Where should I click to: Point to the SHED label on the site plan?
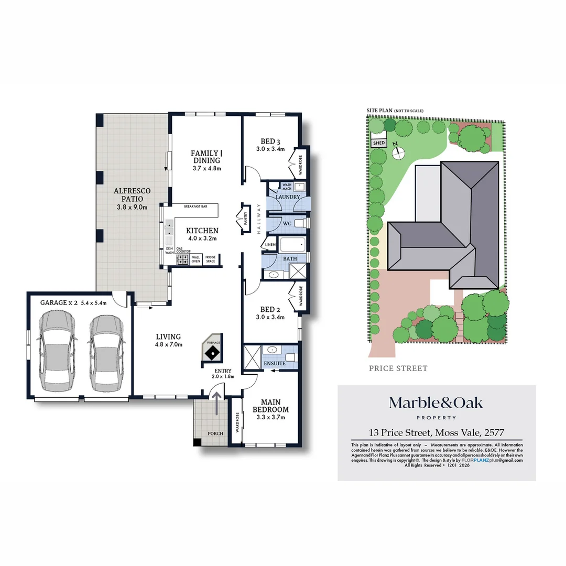click(x=378, y=143)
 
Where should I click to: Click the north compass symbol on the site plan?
click(x=399, y=152)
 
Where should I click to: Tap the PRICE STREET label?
click(x=398, y=368)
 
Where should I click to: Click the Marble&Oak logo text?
click(x=436, y=403)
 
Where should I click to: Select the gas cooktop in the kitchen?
click(x=183, y=258)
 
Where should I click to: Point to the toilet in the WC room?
click(x=300, y=224)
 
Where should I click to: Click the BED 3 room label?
click(x=270, y=141)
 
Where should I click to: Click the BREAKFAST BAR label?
click(x=195, y=207)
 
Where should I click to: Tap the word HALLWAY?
click(x=258, y=218)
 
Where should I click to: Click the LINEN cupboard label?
click(x=270, y=245)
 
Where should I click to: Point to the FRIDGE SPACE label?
click(x=210, y=259)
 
